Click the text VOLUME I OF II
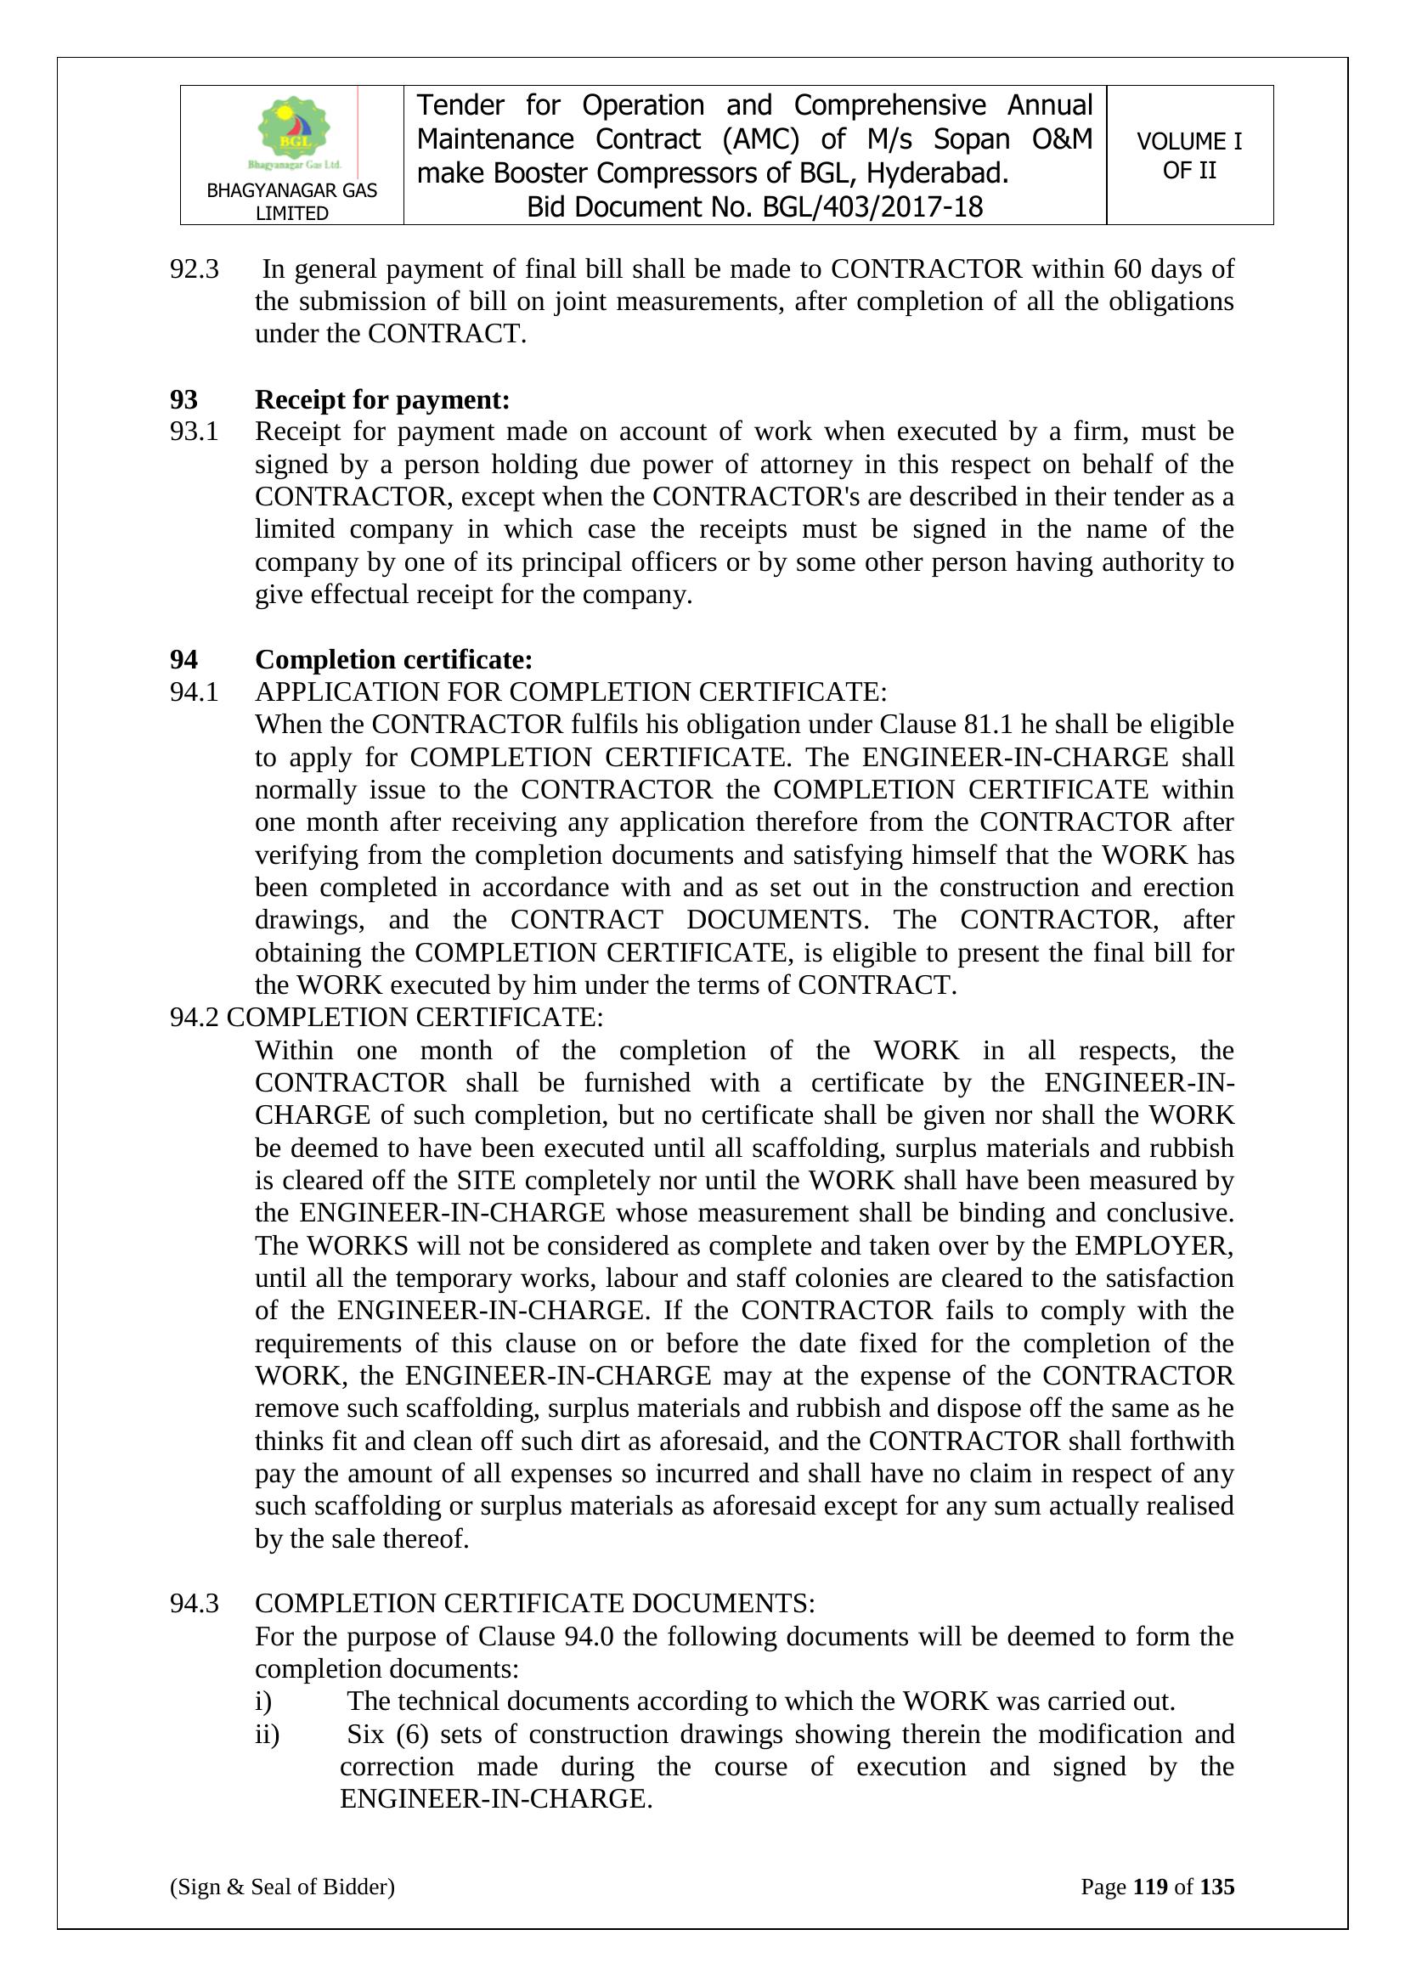pos(1188,155)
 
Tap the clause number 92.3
pos(194,269)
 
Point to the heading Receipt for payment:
pos(381,399)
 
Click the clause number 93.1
pos(194,432)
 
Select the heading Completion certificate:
pos(393,659)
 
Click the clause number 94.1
pos(194,692)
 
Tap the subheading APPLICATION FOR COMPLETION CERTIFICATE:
pos(570,692)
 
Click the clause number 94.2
pos(194,1018)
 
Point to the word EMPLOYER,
pos(1154,1245)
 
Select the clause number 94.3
pos(194,1604)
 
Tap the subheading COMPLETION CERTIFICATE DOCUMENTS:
pos(533,1604)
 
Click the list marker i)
pos(263,1701)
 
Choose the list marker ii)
pos(267,1735)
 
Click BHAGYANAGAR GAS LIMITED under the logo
pos(291,201)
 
